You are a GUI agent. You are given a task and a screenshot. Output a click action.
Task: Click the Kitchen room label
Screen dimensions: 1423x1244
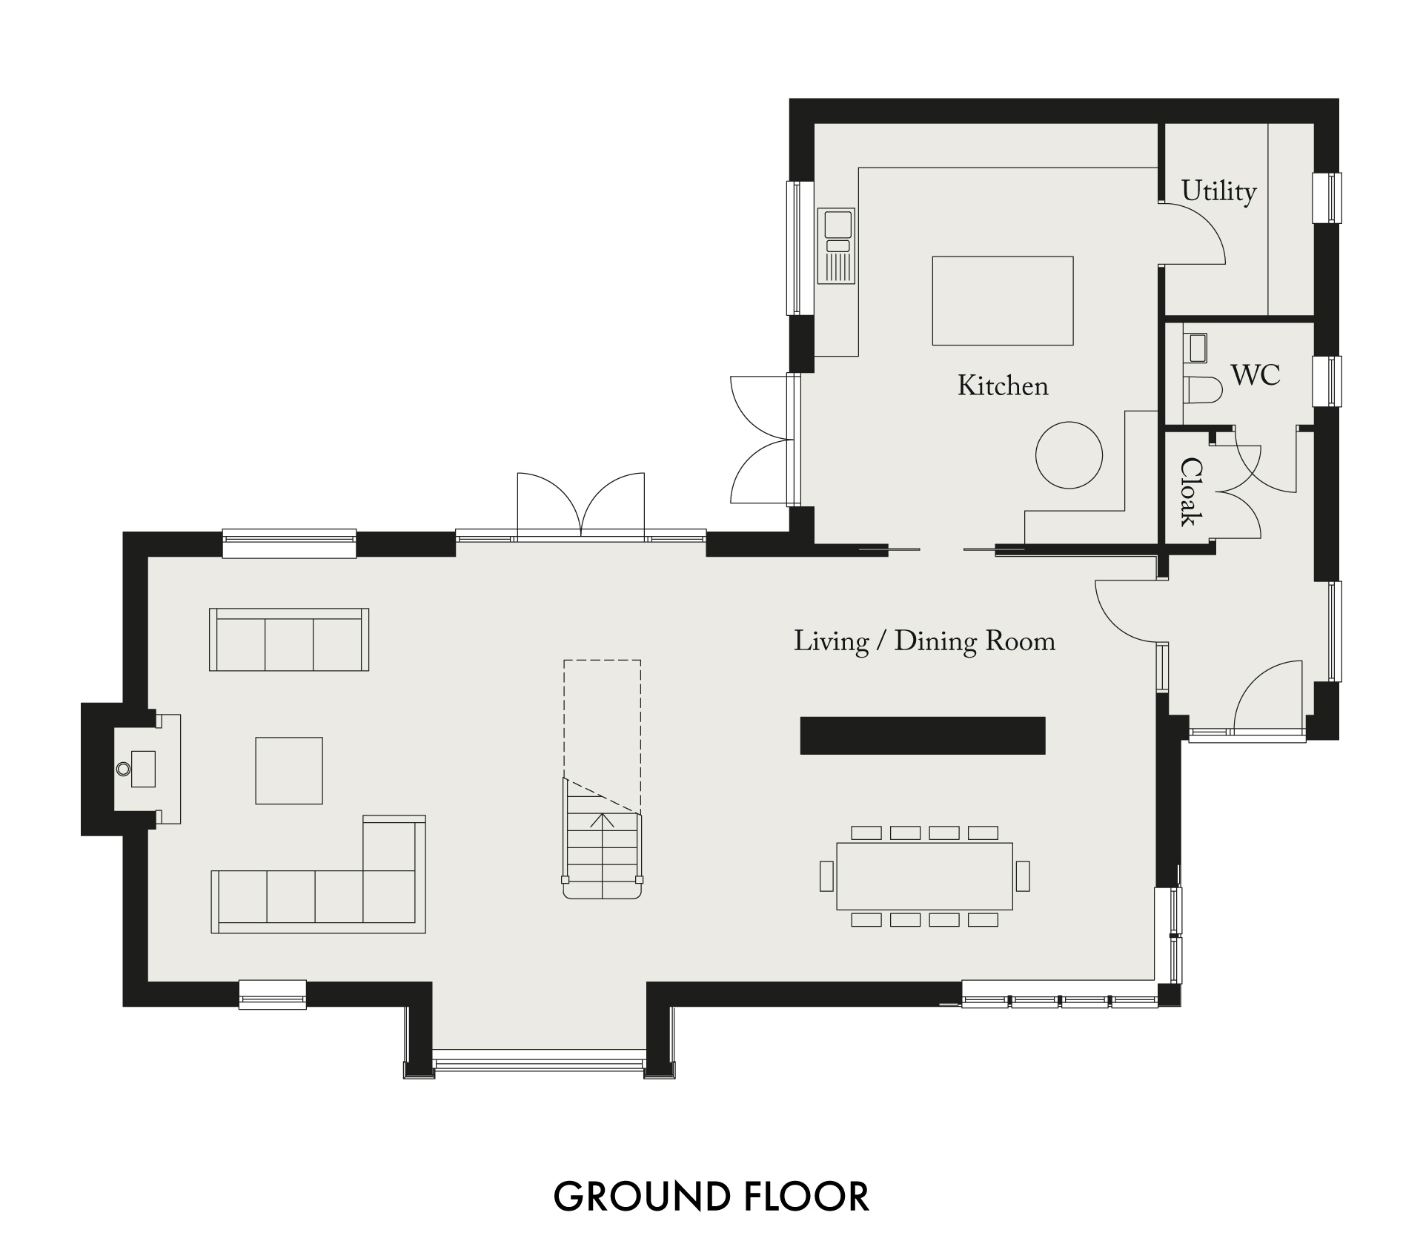(x=1003, y=386)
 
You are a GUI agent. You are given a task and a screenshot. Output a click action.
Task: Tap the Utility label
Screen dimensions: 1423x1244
(x=1218, y=191)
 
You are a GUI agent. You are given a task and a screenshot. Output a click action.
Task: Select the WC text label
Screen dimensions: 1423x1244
(x=1256, y=375)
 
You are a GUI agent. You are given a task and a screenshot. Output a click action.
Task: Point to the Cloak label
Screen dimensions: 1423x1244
(x=1191, y=492)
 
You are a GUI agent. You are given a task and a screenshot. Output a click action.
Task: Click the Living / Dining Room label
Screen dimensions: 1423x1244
(x=925, y=641)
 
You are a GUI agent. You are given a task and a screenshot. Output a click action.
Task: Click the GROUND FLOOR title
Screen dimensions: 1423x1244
(x=711, y=1196)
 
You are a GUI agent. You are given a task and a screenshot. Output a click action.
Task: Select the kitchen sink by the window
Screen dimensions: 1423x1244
(x=836, y=245)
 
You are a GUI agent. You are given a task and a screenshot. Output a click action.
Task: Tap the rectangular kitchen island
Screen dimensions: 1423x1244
(x=1003, y=301)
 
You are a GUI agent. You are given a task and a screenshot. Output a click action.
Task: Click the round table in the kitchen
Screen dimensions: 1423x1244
(x=1069, y=454)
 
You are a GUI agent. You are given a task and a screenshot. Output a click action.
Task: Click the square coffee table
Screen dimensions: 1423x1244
(x=289, y=770)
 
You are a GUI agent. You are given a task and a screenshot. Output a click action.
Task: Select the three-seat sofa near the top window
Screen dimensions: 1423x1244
(x=289, y=640)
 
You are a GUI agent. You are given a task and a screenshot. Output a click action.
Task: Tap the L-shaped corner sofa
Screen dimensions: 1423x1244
(x=319, y=874)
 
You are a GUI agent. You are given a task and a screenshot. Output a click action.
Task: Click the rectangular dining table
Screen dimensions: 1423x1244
(x=925, y=876)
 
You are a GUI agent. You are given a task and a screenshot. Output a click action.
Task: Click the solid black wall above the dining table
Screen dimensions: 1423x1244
(x=923, y=735)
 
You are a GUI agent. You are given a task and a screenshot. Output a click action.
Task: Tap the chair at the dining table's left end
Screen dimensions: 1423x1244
(x=827, y=876)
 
